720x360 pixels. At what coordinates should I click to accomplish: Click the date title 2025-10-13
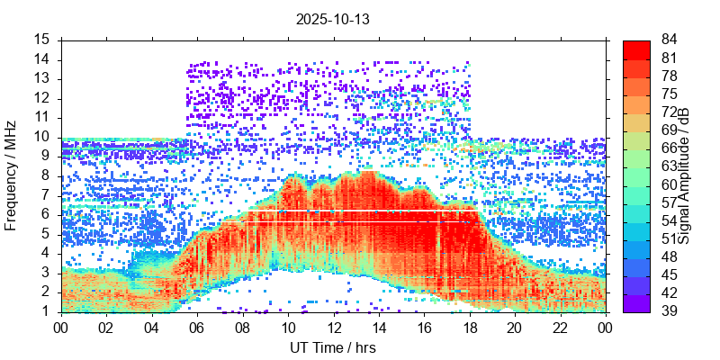pyautogui.click(x=333, y=18)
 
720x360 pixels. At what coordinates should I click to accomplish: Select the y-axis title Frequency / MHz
pyautogui.click(x=12, y=176)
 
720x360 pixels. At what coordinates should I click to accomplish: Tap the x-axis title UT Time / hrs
pyautogui.click(x=333, y=347)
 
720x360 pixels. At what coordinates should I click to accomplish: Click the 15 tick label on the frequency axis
pyautogui.click(x=42, y=40)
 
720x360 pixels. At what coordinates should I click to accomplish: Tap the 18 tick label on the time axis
pyautogui.click(x=469, y=328)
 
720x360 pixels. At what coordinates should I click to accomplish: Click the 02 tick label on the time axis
pyautogui.click(x=107, y=328)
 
